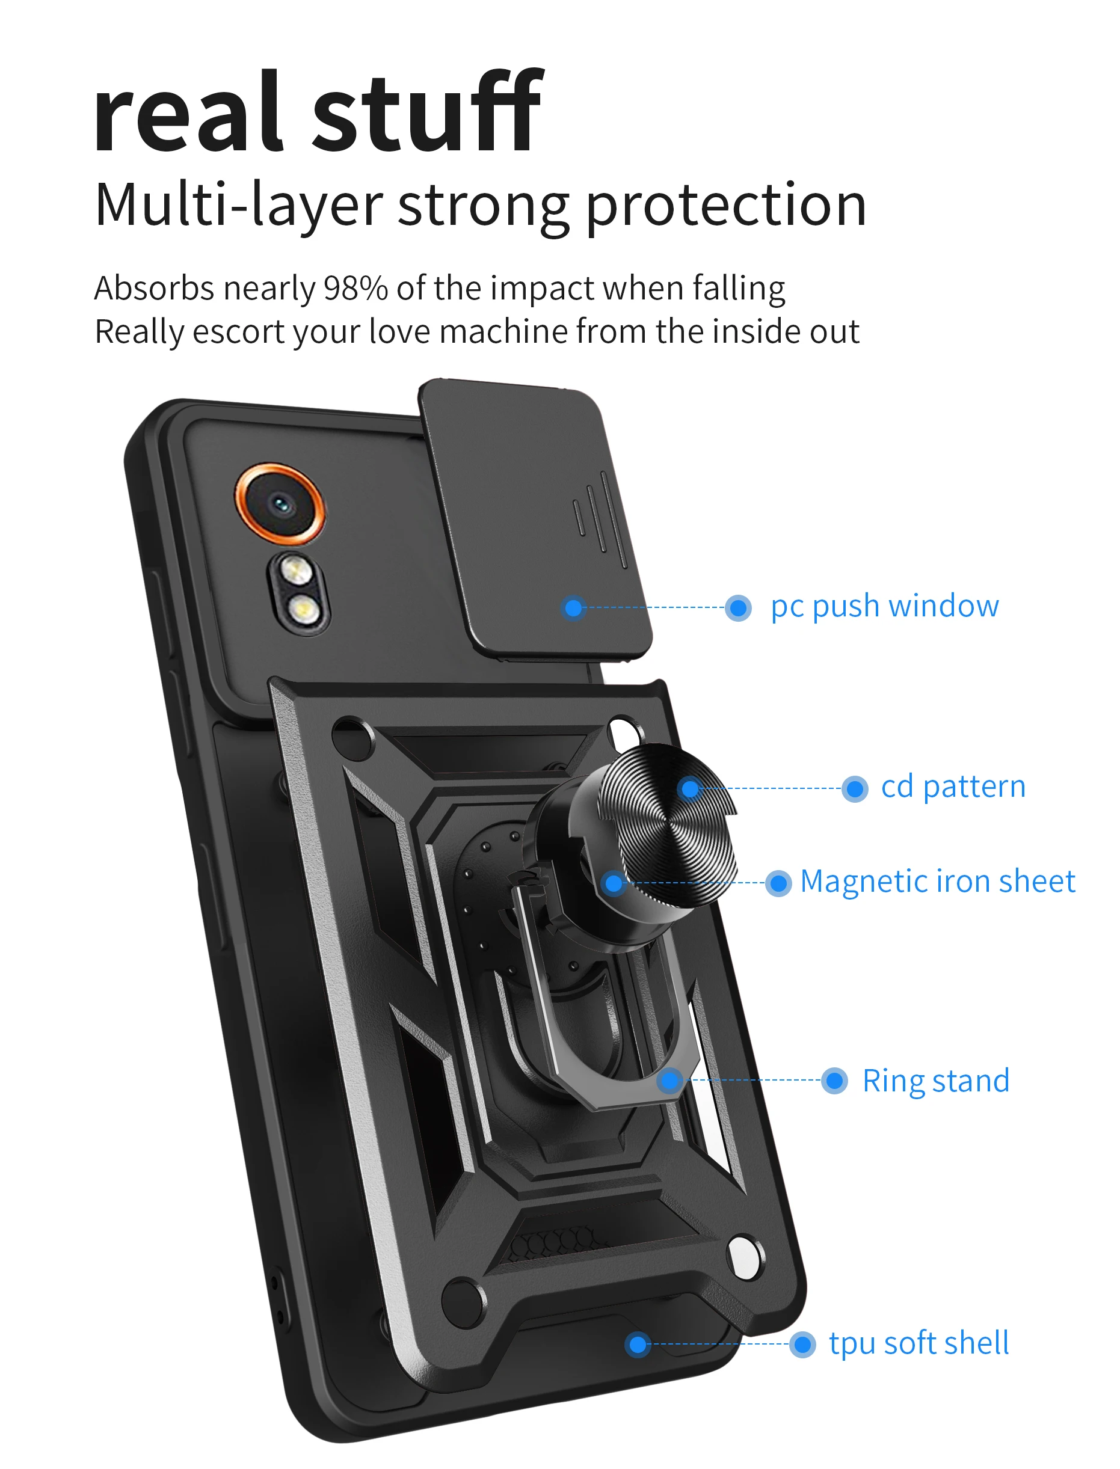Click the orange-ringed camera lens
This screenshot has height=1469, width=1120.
click(281, 504)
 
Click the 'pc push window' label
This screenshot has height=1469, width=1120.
click(884, 607)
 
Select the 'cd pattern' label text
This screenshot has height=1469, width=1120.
click(953, 787)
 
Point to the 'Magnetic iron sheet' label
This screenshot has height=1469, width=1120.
click(937, 882)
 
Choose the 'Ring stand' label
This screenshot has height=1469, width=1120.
click(935, 1081)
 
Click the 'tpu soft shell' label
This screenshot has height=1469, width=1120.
click(918, 1343)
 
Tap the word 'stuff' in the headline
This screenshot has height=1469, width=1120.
click(426, 113)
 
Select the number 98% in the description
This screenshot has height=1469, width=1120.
click(355, 289)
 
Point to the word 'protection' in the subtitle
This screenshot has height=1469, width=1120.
click(726, 206)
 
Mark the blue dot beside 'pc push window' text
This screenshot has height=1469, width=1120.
click(738, 607)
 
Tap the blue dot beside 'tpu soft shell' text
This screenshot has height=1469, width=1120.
click(802, 1345)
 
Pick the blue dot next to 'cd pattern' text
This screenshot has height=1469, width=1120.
click(855, 789)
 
